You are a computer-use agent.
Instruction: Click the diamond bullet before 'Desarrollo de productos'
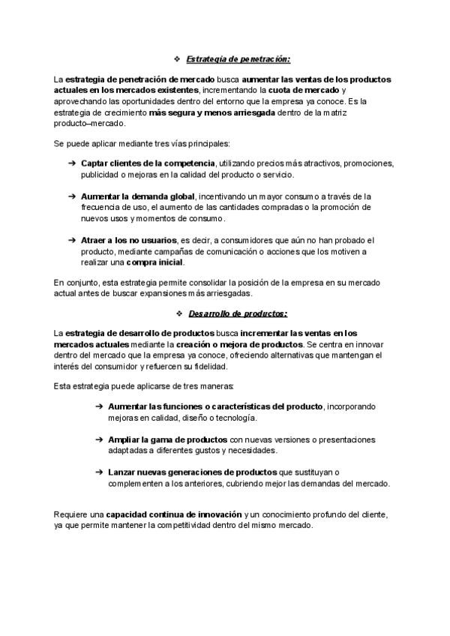(x=178, y=312)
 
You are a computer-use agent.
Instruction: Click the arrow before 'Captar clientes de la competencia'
(x=71, y=163)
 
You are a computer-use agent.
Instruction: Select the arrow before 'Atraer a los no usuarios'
(x=71, y=240)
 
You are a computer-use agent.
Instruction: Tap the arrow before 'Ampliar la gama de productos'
(x=100, y=439)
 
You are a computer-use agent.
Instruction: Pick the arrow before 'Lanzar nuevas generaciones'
(x=100, y=472)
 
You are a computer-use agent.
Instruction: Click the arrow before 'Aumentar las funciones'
(x=100, y=406)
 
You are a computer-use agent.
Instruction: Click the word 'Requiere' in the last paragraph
(x=70, y=514)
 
